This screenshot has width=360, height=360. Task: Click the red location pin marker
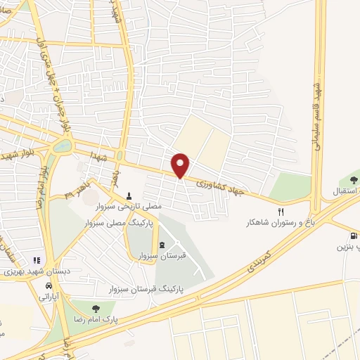point(181,165)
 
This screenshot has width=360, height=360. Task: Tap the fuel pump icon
point(353,236)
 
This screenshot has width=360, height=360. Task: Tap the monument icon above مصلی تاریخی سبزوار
point(128,196)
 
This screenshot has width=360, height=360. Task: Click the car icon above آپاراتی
point(48,287)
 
